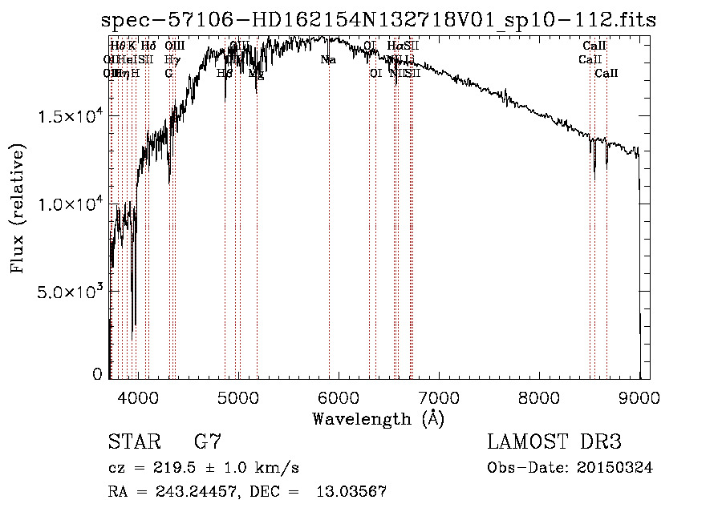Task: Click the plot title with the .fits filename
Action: coord(379,20)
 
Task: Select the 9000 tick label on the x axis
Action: coord(639,397)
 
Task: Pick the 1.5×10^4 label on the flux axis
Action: coord(71,117)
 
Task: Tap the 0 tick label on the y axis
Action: coord(97,374)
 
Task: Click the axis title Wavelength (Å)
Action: coord(378,418)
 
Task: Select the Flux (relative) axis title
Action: coord(18,208)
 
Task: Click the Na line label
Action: coord(328,60)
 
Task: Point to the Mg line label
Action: coord(256,74)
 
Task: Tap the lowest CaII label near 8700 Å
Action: coord(606,74)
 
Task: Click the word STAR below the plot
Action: coord(132,442)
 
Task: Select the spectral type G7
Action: coord(206,442)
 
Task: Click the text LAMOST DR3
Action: coord(554,442)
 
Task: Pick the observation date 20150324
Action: coord(616,468)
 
